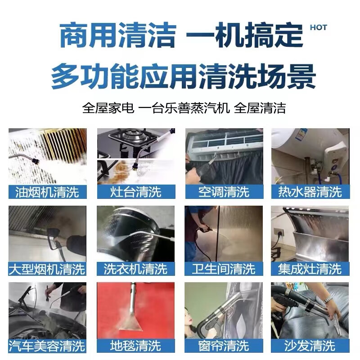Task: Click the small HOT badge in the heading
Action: click(x=318, y=27)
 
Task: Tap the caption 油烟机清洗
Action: click(x=47, y=192)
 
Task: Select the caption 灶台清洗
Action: click(x=135, y=192)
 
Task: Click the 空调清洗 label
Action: click(x=224, y=192)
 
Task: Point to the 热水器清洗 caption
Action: click(x=310, y=192)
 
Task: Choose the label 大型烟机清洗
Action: click(x=47, y=269)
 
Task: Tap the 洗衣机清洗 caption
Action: click(x=135, y=269)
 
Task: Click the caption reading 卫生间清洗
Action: click(x=224, y=269)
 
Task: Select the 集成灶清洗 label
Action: click(x=310, y=269)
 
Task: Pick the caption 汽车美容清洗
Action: click(x=47, y=346)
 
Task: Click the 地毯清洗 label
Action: click(x=135, y=346)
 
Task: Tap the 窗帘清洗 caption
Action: click(x=224, y=346)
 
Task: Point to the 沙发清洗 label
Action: click(x=310, y=346)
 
